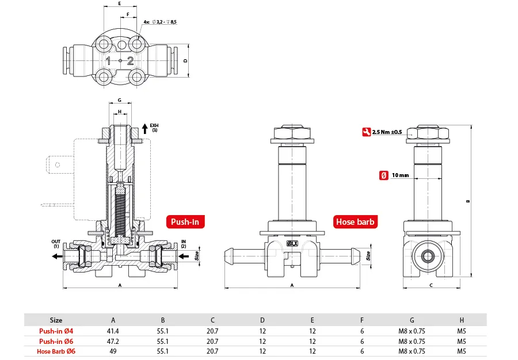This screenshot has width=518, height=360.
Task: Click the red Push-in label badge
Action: click(x=185, y=222)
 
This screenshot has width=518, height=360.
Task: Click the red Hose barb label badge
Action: click(x=355, y=222)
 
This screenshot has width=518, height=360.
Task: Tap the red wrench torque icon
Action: click(x=367, y=132)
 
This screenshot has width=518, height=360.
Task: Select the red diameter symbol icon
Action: click(x=383, y=175)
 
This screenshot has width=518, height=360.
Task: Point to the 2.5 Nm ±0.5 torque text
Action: click(x=387, y=132)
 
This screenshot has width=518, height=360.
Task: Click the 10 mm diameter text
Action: click(x=401, y=175)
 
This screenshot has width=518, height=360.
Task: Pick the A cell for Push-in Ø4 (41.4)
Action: click(x=113, y=331)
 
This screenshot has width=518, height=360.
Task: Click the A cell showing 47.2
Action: click(x=113, y=341)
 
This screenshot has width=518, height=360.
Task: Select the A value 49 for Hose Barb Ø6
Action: click(x=113, y=351)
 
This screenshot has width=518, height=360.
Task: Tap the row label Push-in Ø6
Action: click(x=56, y=341)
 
